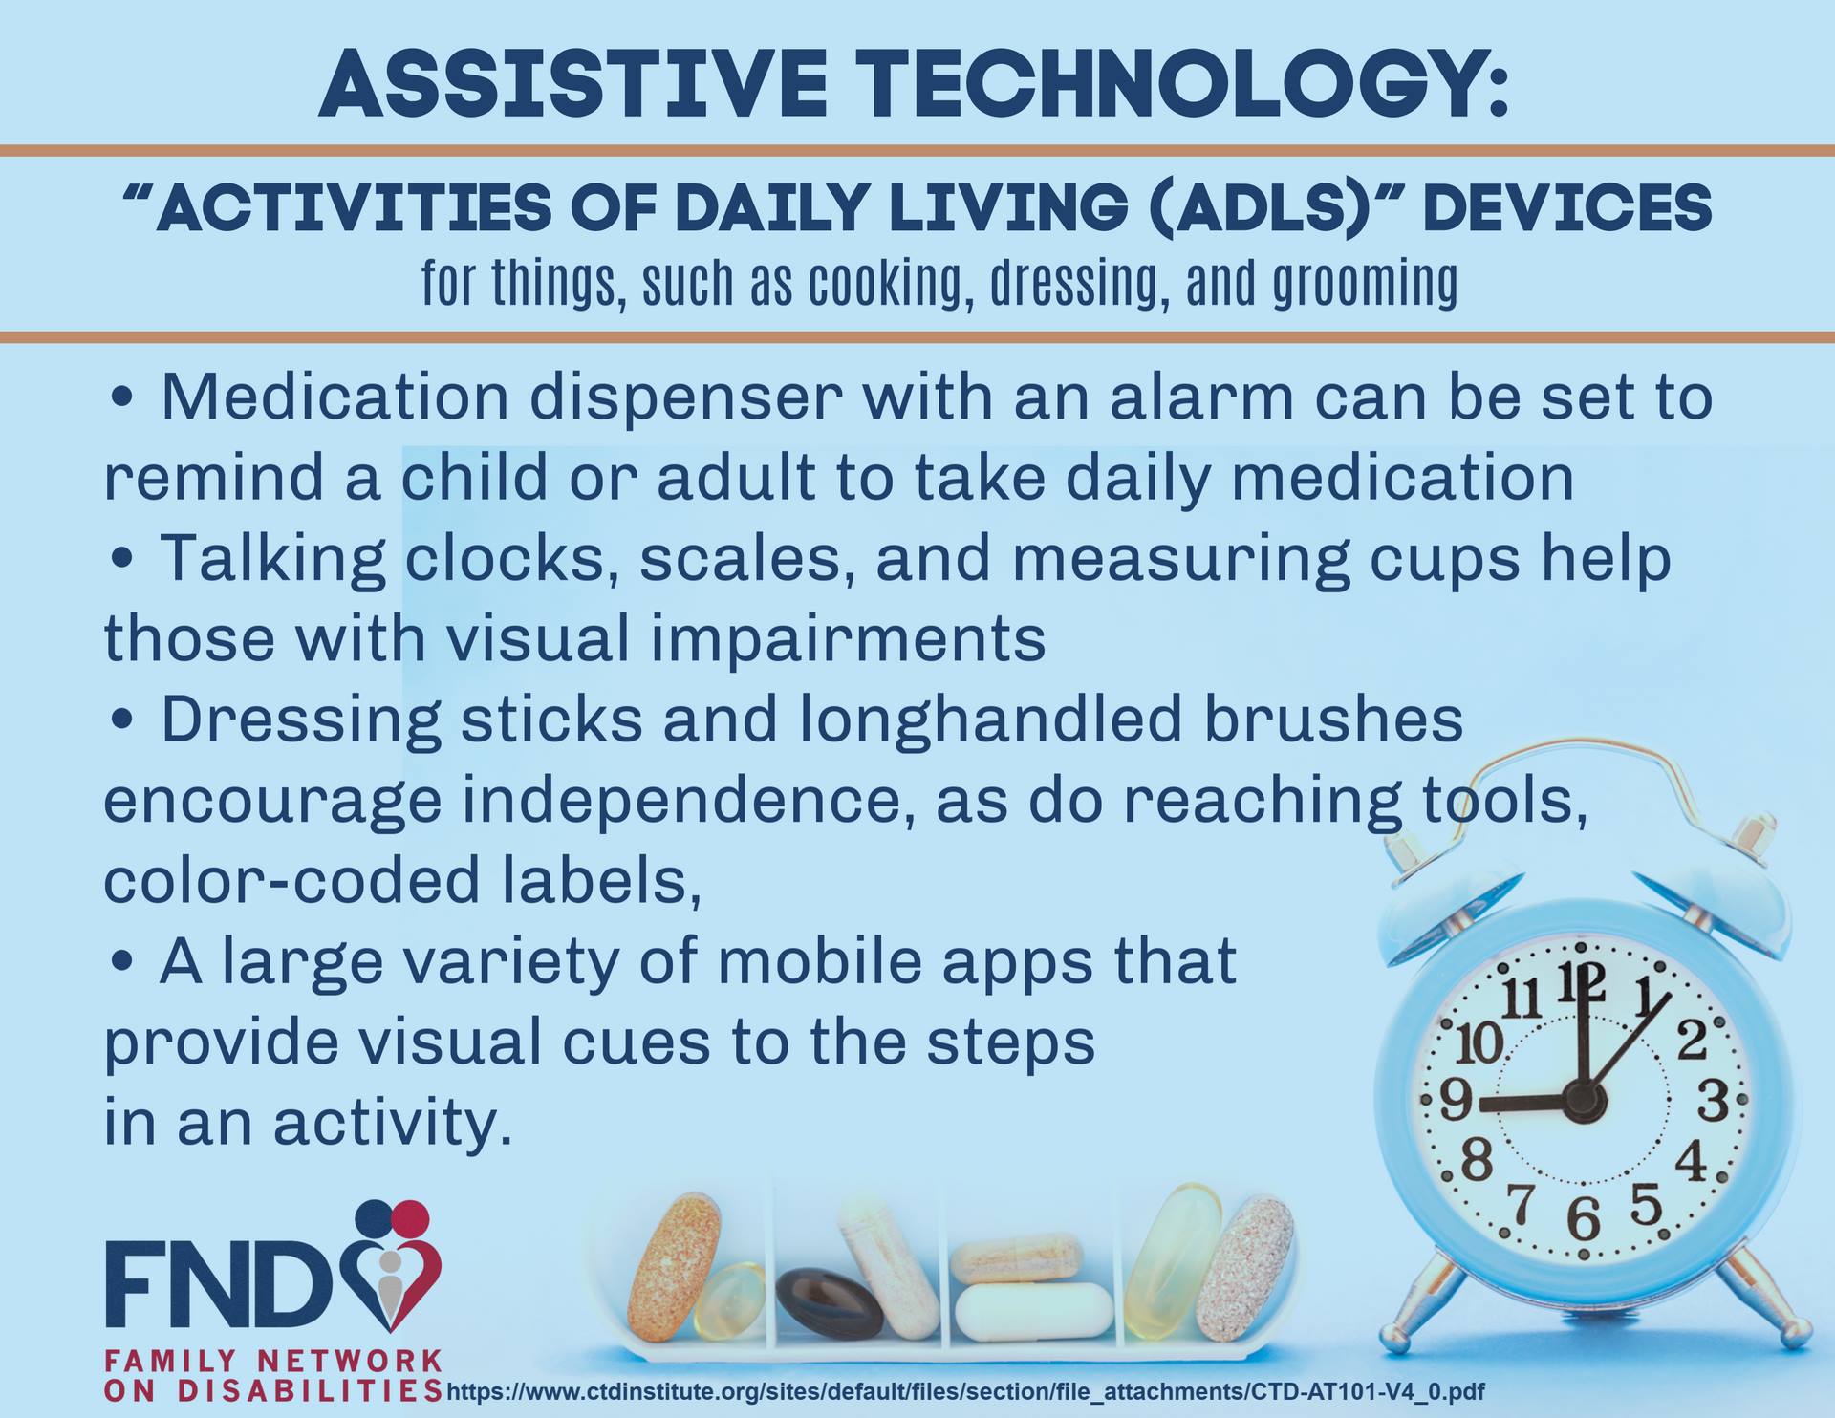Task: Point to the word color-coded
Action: click(x=291, y=880)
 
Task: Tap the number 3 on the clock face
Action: click(x=1713, y=1101)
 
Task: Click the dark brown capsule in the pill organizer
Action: click(x=829, y=1303)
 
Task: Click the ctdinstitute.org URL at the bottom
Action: click(x=965, y=1392)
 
